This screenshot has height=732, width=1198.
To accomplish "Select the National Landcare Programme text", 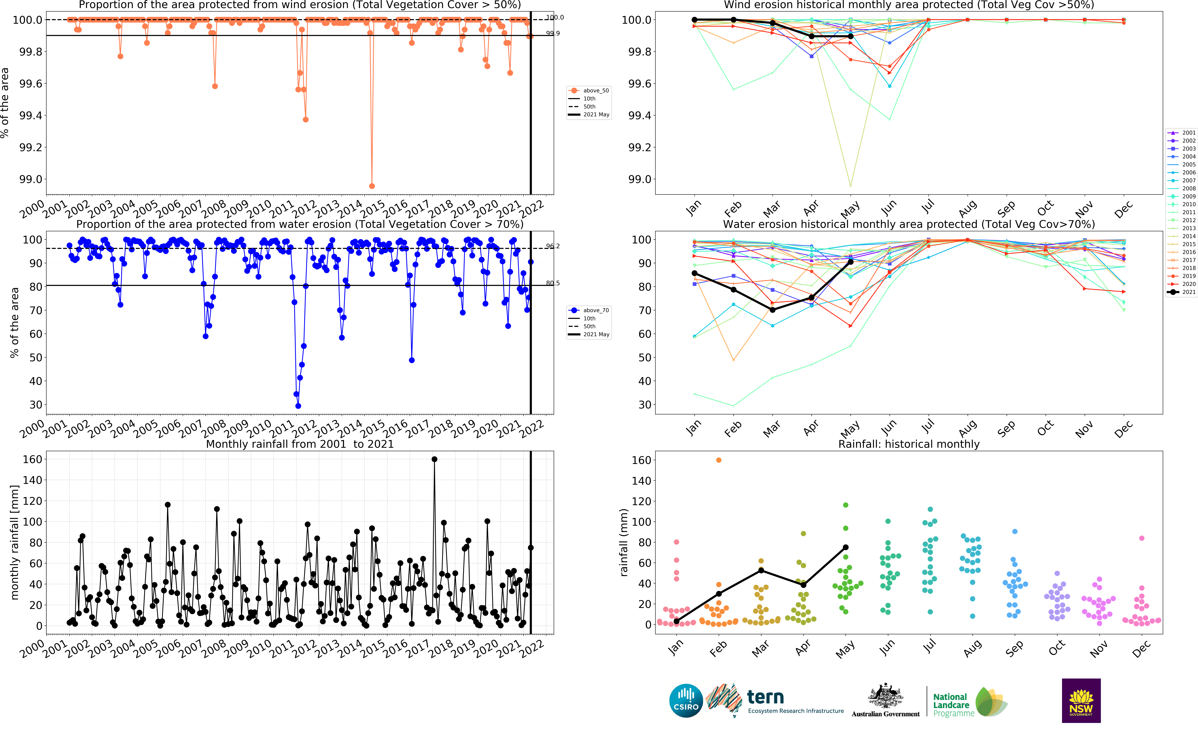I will (951, 705).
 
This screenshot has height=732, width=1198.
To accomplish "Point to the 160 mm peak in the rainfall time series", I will (434, 459).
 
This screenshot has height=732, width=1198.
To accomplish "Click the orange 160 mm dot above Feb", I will (719, 460).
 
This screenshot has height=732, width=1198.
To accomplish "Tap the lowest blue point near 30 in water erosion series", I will (298, 406).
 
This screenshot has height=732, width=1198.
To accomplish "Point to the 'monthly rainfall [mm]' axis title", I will (15, 542).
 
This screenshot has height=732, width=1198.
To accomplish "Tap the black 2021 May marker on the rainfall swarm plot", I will (846, 547).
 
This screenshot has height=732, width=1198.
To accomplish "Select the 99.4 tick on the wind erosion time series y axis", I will (30, 116).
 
